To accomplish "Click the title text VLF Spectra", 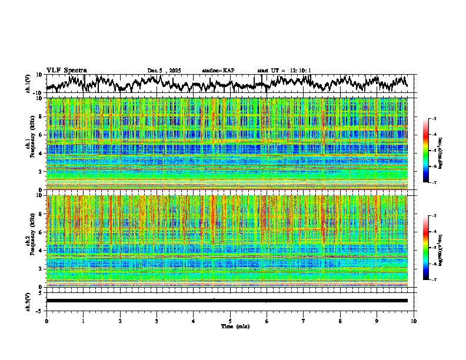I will click(66, 70).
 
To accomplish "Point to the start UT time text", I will click(284, 71).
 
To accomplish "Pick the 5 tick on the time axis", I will click(230, 321).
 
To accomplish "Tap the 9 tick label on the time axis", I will click(377, 321).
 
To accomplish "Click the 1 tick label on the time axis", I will click(83, 321).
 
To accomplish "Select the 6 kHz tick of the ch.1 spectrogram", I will click(41, 135).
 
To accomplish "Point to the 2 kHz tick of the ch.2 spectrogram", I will click(41, 269).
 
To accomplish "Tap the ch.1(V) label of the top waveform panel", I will click(29, 84).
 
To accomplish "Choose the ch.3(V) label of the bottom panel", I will click(29, 301).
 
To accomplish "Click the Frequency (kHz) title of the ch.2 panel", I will click(34, 241).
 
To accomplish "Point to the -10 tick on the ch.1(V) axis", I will click(39, 93).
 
